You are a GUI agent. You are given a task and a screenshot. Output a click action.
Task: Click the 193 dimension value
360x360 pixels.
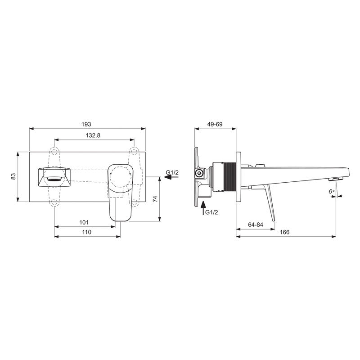(x=87, y=124)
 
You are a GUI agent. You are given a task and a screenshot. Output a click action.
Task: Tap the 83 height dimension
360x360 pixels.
(x=13, y=176)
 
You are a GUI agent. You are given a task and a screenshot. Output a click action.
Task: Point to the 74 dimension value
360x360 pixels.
(x=155, y=198)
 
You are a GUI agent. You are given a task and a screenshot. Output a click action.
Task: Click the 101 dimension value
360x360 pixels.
(x=84, y=222)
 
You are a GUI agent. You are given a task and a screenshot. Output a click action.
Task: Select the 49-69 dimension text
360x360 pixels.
(x=215, y=124)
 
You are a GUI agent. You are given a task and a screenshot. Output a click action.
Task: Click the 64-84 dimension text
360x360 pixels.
(x=255, y=225)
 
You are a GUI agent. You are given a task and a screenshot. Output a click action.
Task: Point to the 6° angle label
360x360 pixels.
(x=331, y=191)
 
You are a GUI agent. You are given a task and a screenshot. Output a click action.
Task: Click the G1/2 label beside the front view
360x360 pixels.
(x=172, y=172)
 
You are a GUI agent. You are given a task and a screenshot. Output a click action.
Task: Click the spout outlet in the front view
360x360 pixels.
(x=53, y=176)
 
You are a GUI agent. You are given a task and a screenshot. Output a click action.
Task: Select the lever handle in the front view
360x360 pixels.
(x=120, y=191)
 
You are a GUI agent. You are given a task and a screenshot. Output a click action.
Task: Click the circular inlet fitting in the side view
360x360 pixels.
(x=198, y=173)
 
